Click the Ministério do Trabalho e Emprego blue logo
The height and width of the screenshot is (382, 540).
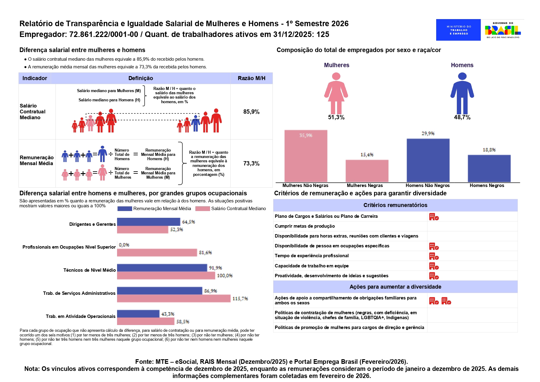pos(458,30)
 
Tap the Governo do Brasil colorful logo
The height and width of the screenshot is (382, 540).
pos(503,30)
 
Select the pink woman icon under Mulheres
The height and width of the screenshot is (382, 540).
pos(336,93)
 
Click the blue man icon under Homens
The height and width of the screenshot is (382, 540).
pos(462,93)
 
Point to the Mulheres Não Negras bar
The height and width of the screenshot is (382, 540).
pos(306,156)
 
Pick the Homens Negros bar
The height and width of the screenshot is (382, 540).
pos(489,169)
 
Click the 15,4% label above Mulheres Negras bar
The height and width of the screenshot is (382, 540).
pos(367,155)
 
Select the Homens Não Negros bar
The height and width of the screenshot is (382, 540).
pos(428,160)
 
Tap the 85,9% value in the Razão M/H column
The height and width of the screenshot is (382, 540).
pos(251,112)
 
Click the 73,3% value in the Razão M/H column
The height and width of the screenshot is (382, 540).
pos(251,164)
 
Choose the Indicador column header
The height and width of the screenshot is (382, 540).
pos(35,78)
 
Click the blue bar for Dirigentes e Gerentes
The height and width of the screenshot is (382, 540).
pos(148,222)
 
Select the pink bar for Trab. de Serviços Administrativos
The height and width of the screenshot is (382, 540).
pos(174,299)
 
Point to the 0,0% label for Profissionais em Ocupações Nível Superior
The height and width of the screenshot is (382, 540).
pos(124,245)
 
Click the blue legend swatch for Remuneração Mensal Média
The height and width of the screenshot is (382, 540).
pos(125,209)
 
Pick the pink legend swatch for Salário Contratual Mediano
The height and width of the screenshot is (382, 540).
pos(203,209)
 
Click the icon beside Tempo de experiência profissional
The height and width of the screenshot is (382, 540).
pos(434,256)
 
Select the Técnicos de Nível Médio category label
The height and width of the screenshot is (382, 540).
pos(90,270)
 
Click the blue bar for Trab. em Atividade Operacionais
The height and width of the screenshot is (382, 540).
pos(138,314)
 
